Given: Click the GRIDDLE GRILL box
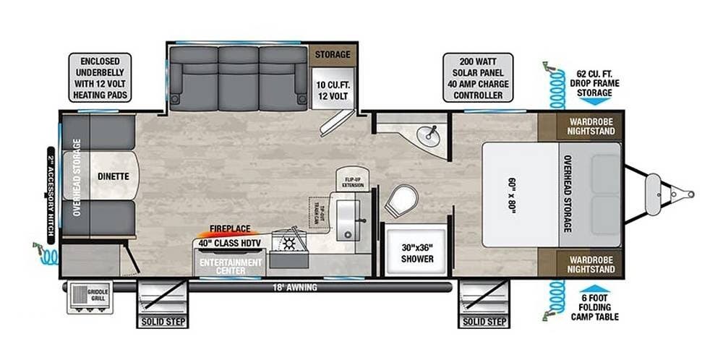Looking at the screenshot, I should click(90, 296).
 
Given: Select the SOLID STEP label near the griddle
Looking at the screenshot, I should click(161, 321).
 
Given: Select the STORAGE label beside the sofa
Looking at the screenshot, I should click(333, 54).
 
